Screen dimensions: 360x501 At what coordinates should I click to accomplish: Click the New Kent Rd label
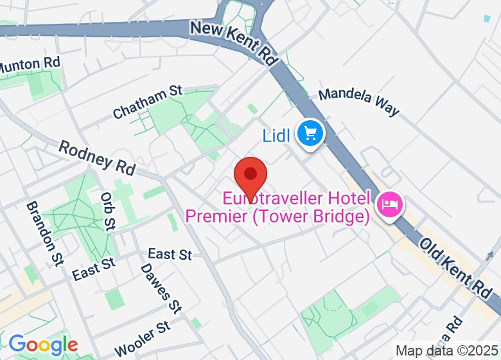(234, 44)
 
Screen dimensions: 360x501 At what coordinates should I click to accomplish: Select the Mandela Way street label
(359, 102)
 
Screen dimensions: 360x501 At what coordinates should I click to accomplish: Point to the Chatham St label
(148, 102)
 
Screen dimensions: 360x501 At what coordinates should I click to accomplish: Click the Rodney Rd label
(97, 157)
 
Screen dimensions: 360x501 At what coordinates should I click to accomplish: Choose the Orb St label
(108, 210)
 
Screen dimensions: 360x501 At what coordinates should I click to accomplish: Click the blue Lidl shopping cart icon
(312, 134)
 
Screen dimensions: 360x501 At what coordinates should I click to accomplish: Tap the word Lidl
(277, 136)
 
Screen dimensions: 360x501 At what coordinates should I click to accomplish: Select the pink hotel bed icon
(391, 205)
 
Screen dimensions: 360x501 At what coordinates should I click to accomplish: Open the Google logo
(42, 345)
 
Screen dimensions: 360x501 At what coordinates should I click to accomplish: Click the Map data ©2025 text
(446, 350)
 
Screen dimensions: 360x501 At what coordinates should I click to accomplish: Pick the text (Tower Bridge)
(310, 217)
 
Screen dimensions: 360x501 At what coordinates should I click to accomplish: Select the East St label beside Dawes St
(170, 255)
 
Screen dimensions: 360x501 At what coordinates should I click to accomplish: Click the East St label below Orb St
(94, 269)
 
